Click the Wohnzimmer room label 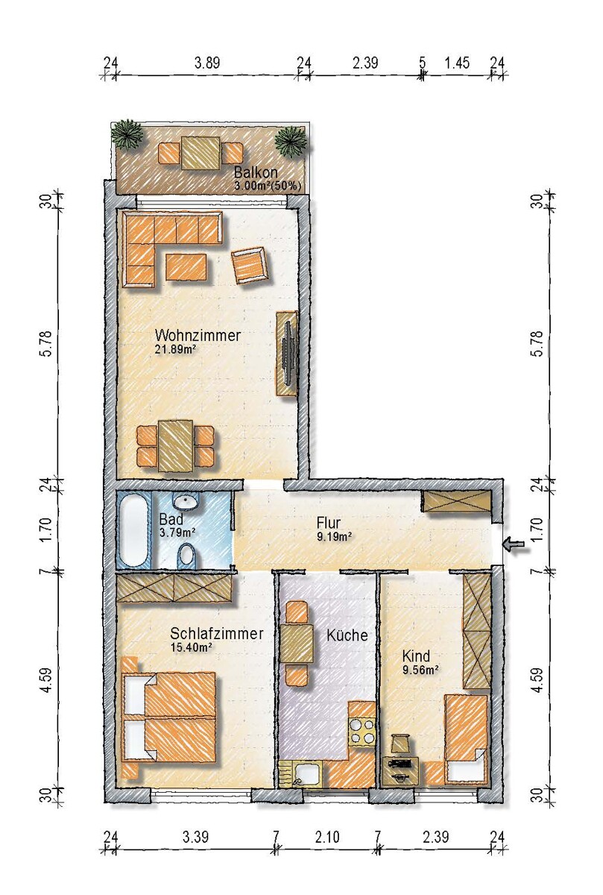point(198,335)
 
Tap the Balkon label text point(256,172)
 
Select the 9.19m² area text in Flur point(334,536)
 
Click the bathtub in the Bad point(133,529)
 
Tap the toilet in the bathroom point(186,555)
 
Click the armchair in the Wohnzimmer point(248,265)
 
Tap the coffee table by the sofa point(186,267)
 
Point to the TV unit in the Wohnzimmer point(287,354)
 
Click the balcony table point(201,153)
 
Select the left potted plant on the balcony point(127,135)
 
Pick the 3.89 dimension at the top point(207,63)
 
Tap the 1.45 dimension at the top point(458,63)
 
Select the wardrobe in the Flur point(457,500)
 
